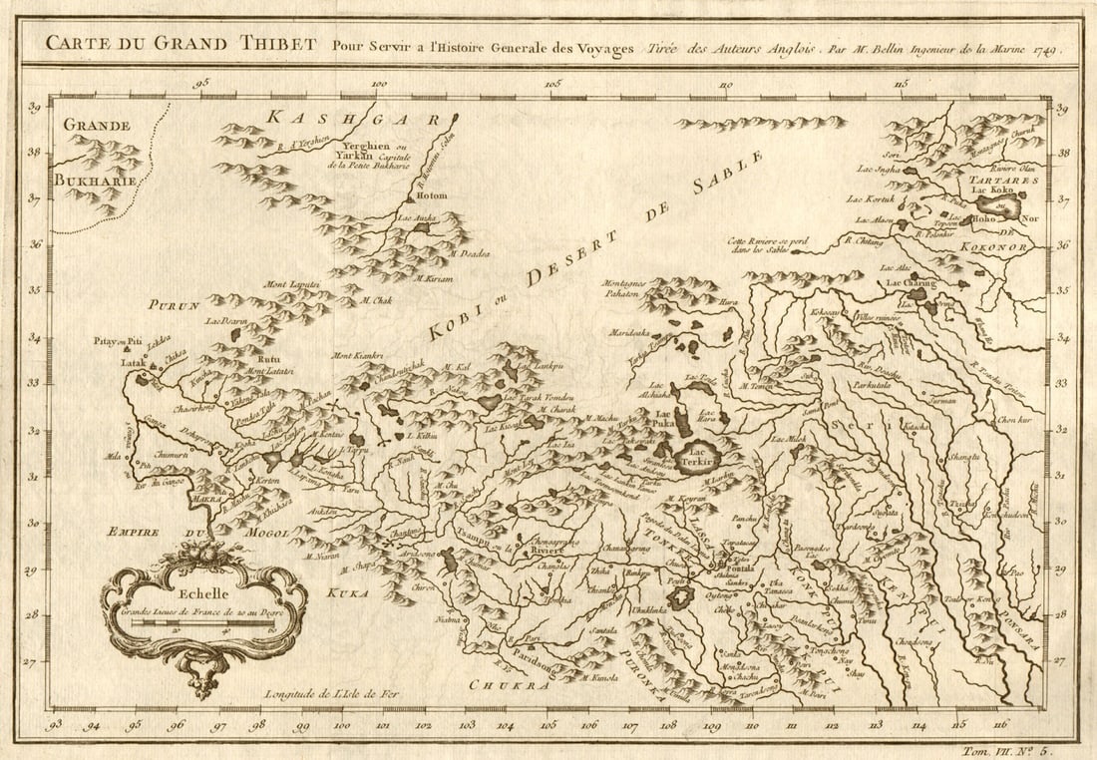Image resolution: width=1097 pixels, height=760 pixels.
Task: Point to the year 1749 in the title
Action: pyautogui.click(x=1045, y=47)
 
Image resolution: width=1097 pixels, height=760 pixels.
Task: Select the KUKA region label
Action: pyautogui.click(x=346, y=592)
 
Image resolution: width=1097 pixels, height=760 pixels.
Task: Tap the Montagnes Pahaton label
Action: pyautogui.click(x=624, y=289)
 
